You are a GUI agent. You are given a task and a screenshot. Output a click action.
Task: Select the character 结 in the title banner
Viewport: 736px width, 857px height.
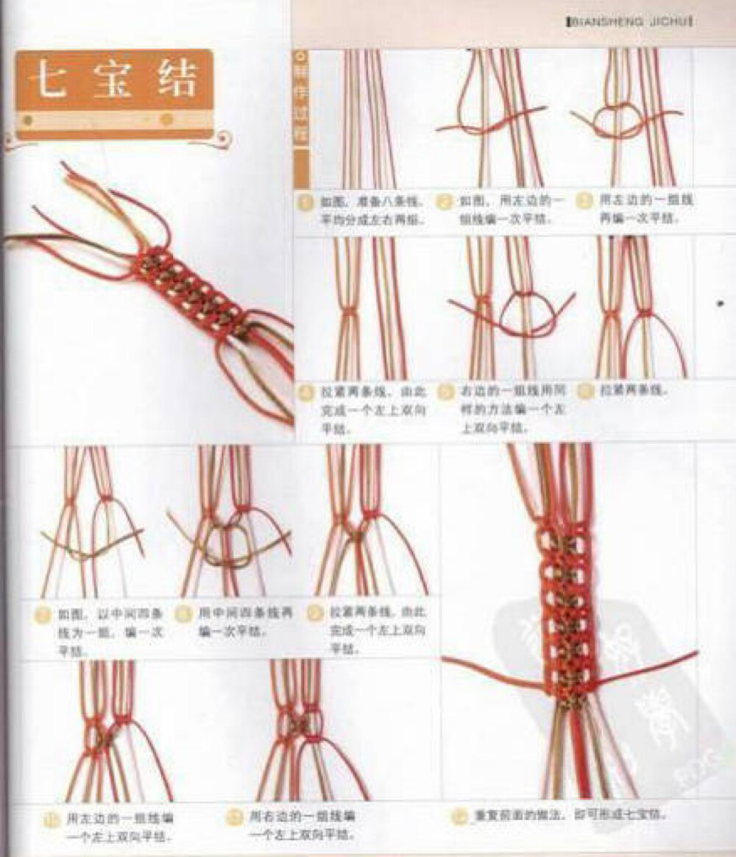click(x=177, y=79)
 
